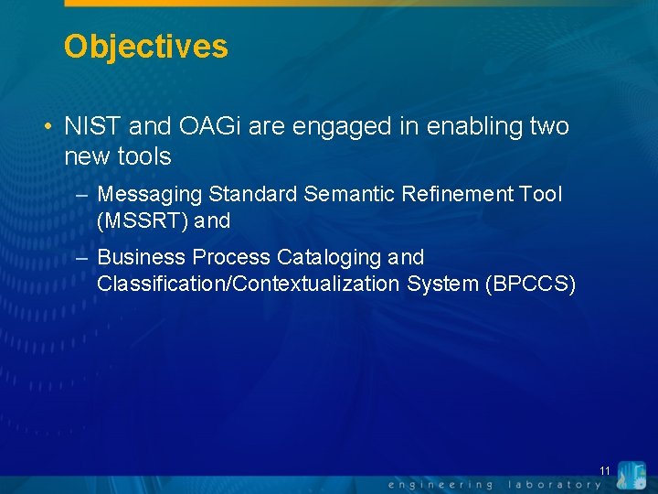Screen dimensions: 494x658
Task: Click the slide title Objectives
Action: (145, 46)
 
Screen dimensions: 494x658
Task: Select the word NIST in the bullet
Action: (90, 126)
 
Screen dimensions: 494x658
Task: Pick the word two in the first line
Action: (548, 126)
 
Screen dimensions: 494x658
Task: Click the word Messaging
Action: (150, 194)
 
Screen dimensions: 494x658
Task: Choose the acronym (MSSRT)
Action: (142, 220)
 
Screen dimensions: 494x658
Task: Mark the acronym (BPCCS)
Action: (532, 284)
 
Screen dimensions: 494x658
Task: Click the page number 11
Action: (604, 471)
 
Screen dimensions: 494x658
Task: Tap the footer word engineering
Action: (440, 484)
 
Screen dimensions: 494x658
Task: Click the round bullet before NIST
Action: (47, 127)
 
